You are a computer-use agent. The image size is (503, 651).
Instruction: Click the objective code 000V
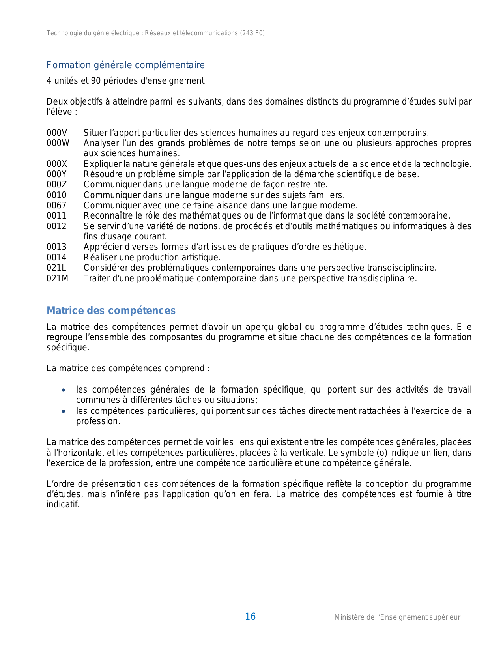tap(57, 133)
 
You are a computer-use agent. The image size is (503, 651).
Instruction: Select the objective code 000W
tap(58, 143)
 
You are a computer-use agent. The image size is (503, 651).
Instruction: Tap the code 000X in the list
tap(57, 164)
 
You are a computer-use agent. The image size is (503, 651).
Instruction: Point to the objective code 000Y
tap(57, 174)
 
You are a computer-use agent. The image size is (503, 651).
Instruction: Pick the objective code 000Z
tap(57, 185)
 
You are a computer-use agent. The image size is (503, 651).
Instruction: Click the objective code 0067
tap(56, 206)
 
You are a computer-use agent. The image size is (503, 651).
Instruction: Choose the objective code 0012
tap(56, 226)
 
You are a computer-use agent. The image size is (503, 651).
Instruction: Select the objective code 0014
tap(56, 258)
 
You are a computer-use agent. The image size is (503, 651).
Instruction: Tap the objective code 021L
tap(56, 268)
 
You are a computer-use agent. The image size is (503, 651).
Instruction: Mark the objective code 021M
tap(57, 279)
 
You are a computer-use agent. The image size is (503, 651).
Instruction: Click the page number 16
tap(250, 617)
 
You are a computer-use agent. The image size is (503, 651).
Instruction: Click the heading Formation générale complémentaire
tap(125, 65)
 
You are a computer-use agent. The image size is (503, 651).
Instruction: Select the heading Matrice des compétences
tap(111, 311)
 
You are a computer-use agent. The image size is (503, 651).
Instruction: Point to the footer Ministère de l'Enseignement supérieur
tap(397, 617)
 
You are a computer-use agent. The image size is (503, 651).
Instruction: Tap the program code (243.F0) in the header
tap(252, 33)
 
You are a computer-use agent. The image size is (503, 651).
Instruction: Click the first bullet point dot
tap(64, 390)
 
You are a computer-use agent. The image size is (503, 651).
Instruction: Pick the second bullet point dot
tap(64, 412)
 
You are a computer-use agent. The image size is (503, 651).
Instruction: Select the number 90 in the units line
tap(96, 81)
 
